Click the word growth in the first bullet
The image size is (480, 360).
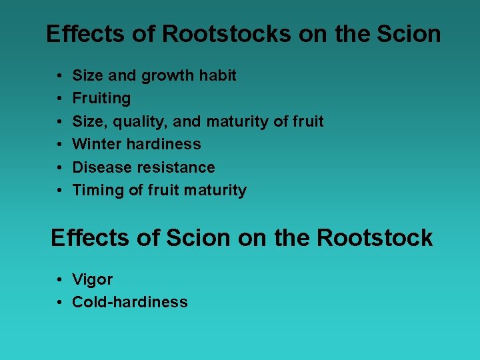166,76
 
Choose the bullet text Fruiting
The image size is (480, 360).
101,99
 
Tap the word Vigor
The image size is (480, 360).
93,279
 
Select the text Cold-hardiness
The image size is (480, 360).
130,302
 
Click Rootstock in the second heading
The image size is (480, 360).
375,238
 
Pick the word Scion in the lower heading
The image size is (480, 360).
199,238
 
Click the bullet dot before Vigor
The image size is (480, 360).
60,280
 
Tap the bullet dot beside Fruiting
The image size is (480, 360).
60,99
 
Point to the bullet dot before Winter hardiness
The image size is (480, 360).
60,145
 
